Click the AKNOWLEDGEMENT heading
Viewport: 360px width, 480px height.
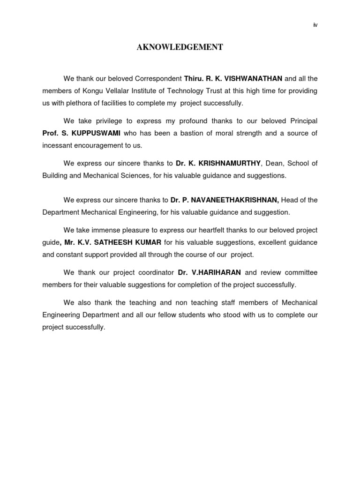180,47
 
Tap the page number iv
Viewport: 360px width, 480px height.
315,25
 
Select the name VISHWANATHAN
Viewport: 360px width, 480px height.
255,78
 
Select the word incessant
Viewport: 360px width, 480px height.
58,145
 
